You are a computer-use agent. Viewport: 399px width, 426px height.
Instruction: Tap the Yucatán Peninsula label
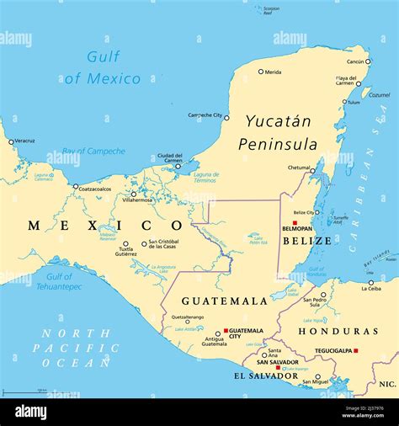pos(278,132)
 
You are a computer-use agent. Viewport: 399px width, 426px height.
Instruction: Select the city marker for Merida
pos(261,72)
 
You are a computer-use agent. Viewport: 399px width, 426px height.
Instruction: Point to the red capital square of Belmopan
pos(295,223)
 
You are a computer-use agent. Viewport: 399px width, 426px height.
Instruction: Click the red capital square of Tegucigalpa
pos(356,350)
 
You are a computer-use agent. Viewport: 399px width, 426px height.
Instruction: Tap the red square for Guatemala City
pos(226,331)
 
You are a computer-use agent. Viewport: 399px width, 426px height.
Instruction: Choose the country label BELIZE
pos(301,241)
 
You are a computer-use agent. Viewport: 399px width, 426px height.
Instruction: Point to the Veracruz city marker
pos(11,141)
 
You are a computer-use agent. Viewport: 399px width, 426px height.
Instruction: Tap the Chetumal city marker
pos(312,171)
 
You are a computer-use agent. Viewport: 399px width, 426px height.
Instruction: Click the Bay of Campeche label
pos(93,152)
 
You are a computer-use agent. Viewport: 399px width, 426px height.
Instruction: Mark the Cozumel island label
pos(380,95)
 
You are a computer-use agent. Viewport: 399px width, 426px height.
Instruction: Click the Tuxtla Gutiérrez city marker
pos(125,244)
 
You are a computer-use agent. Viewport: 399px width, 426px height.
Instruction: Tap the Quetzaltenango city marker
pos(187,323)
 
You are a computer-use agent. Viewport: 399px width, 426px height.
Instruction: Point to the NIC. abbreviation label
pos(386,384)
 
